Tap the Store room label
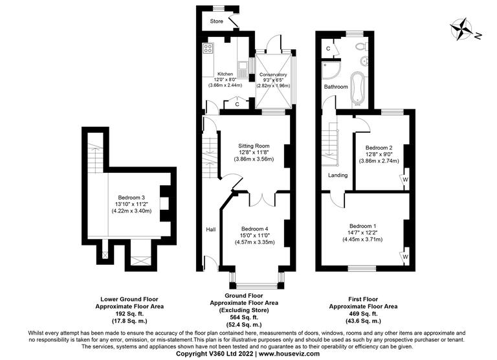(216, 22)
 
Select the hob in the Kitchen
(208, 49)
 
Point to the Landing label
(338, 175)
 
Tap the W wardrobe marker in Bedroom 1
(405, 256)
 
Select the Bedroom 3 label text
(131, 197)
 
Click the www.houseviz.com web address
(289, 353)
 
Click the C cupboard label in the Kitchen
(237, 104)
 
